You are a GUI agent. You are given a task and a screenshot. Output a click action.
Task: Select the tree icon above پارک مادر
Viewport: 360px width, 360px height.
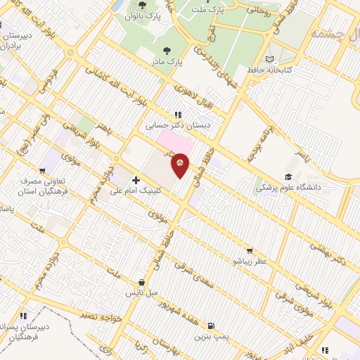point(167,50)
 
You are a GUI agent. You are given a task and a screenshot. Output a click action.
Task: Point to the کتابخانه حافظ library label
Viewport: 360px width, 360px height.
point(269,70)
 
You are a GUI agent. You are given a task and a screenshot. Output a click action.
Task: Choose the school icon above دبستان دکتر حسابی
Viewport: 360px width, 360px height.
point(179,115)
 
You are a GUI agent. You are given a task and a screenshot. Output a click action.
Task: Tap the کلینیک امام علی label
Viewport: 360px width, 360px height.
point(135,191)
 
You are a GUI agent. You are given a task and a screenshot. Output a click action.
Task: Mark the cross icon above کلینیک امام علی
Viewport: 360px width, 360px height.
point(136,180)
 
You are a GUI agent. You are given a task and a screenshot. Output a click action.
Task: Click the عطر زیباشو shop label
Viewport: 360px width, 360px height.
point(250,262)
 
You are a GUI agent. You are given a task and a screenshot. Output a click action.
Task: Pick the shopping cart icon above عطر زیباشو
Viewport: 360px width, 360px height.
point(249,250)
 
